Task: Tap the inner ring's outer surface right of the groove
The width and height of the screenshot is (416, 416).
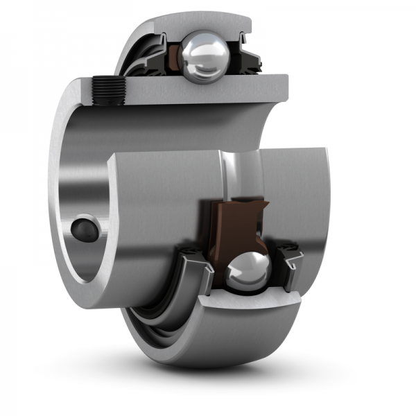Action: [298, 194]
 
